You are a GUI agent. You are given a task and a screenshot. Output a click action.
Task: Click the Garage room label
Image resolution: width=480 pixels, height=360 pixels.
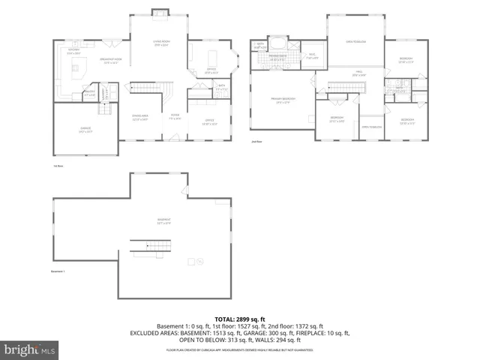tap(85, 129)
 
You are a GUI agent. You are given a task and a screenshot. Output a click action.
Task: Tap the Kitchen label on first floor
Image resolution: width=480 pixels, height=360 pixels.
tap(73, 52)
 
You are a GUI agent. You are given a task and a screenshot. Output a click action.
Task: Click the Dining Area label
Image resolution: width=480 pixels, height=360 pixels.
tap(140, 118)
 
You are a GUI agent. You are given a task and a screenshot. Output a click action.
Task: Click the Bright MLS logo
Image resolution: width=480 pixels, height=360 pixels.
tap(30, 349)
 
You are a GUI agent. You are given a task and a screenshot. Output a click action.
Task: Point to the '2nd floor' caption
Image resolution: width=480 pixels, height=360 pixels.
tap(256, 140)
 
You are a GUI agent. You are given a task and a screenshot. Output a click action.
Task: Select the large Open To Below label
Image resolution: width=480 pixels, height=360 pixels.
tap(355, 42)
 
